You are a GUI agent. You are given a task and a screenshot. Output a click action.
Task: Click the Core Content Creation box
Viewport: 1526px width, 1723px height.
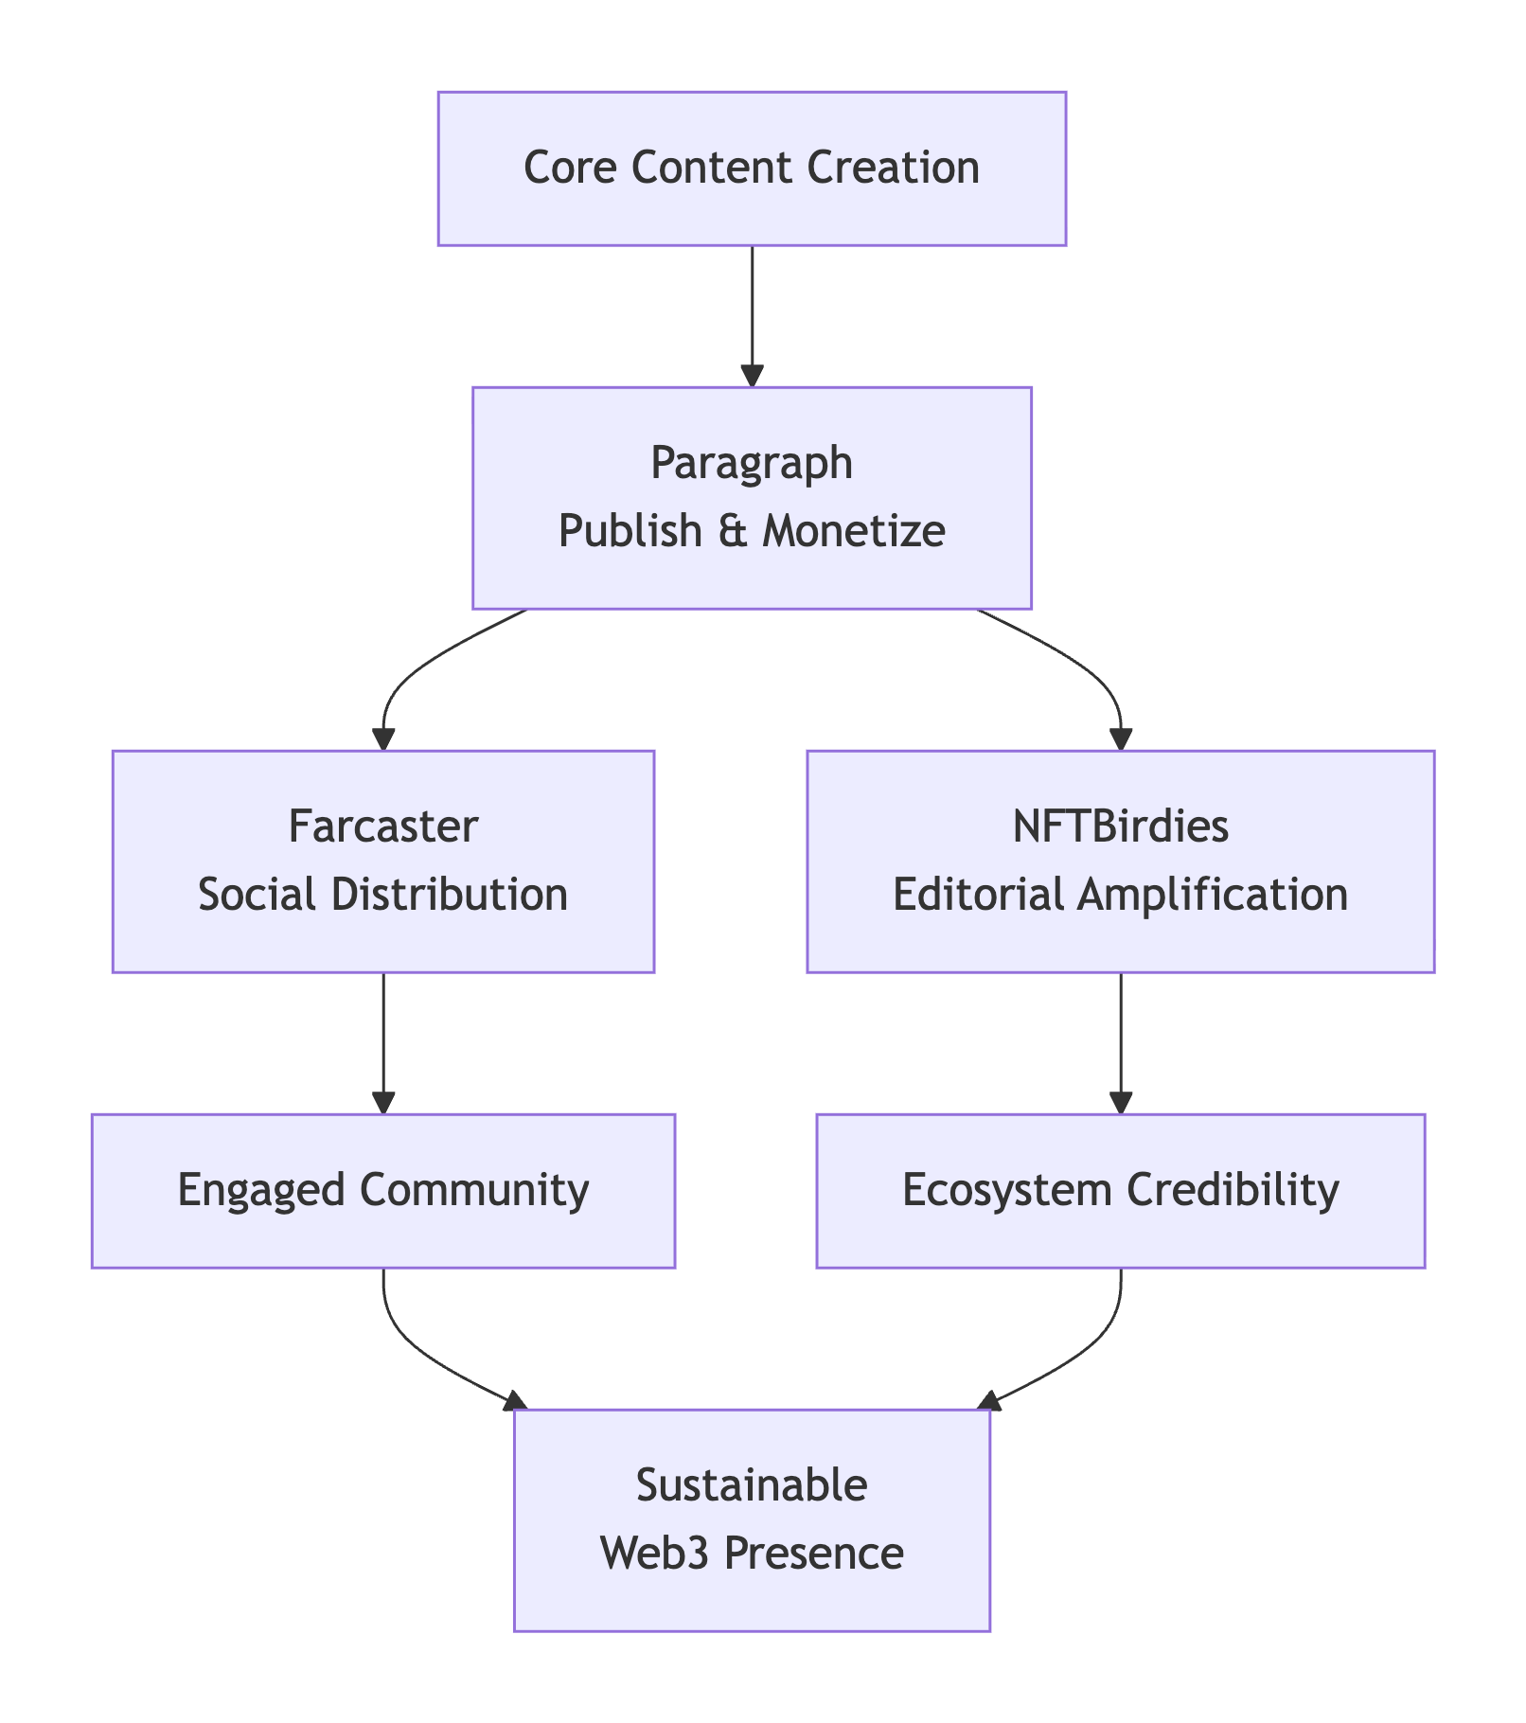[x=752, y=169]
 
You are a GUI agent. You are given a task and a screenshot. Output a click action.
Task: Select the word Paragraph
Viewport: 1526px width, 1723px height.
[x=752, y=464]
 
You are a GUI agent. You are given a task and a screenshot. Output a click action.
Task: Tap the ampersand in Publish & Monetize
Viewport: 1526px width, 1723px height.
[x=732, y=532]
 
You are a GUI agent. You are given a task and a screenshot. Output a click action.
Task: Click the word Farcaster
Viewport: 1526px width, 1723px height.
[x=382, y=826]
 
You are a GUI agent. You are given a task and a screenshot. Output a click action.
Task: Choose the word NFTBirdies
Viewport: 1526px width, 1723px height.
[x=1120, y=826]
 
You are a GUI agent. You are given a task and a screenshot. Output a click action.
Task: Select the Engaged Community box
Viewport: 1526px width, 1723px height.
[x=382, y=1191]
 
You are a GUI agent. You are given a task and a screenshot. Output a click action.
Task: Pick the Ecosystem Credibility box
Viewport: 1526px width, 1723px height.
[x=1120, y=1191]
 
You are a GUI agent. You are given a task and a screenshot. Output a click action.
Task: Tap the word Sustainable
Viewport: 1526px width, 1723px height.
[x=752, y=1485]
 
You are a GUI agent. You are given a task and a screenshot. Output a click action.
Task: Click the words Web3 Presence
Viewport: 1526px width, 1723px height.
[x=752, y=1554]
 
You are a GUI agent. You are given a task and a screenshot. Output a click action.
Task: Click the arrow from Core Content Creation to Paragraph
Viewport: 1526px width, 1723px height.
[x=752, y=312]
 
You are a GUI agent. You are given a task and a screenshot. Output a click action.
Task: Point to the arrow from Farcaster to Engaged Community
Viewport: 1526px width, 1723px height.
[x=382, y=1041]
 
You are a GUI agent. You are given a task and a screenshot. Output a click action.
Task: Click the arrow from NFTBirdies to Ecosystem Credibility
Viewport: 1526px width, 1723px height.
[x=1120, y=1041]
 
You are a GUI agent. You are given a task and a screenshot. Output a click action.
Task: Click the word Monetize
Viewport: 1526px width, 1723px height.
[x=854, y=532]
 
